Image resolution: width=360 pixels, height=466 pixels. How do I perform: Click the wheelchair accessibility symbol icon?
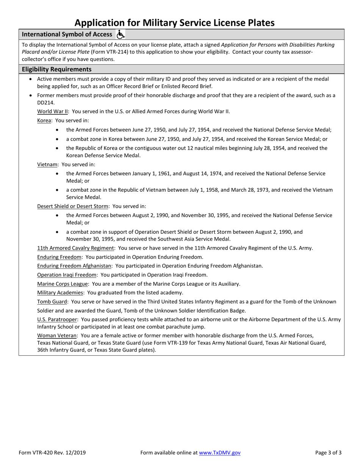(x=121, y=34)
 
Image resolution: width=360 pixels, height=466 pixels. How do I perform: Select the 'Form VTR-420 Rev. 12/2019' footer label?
(x=52, y=452)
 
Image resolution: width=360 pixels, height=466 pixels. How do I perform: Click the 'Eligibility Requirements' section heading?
(x=56, y=69)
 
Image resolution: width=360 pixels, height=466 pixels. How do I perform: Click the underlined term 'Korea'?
(x=44, y=120)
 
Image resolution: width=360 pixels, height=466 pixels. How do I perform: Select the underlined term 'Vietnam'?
(x=47, y=164)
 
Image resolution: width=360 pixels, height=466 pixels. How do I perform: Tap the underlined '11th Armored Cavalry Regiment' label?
(x=76, y=248)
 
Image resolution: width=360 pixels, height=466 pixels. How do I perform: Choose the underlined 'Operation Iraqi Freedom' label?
(x=67, y=275)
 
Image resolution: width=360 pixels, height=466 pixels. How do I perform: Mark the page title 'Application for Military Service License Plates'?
(x=180, y=23)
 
